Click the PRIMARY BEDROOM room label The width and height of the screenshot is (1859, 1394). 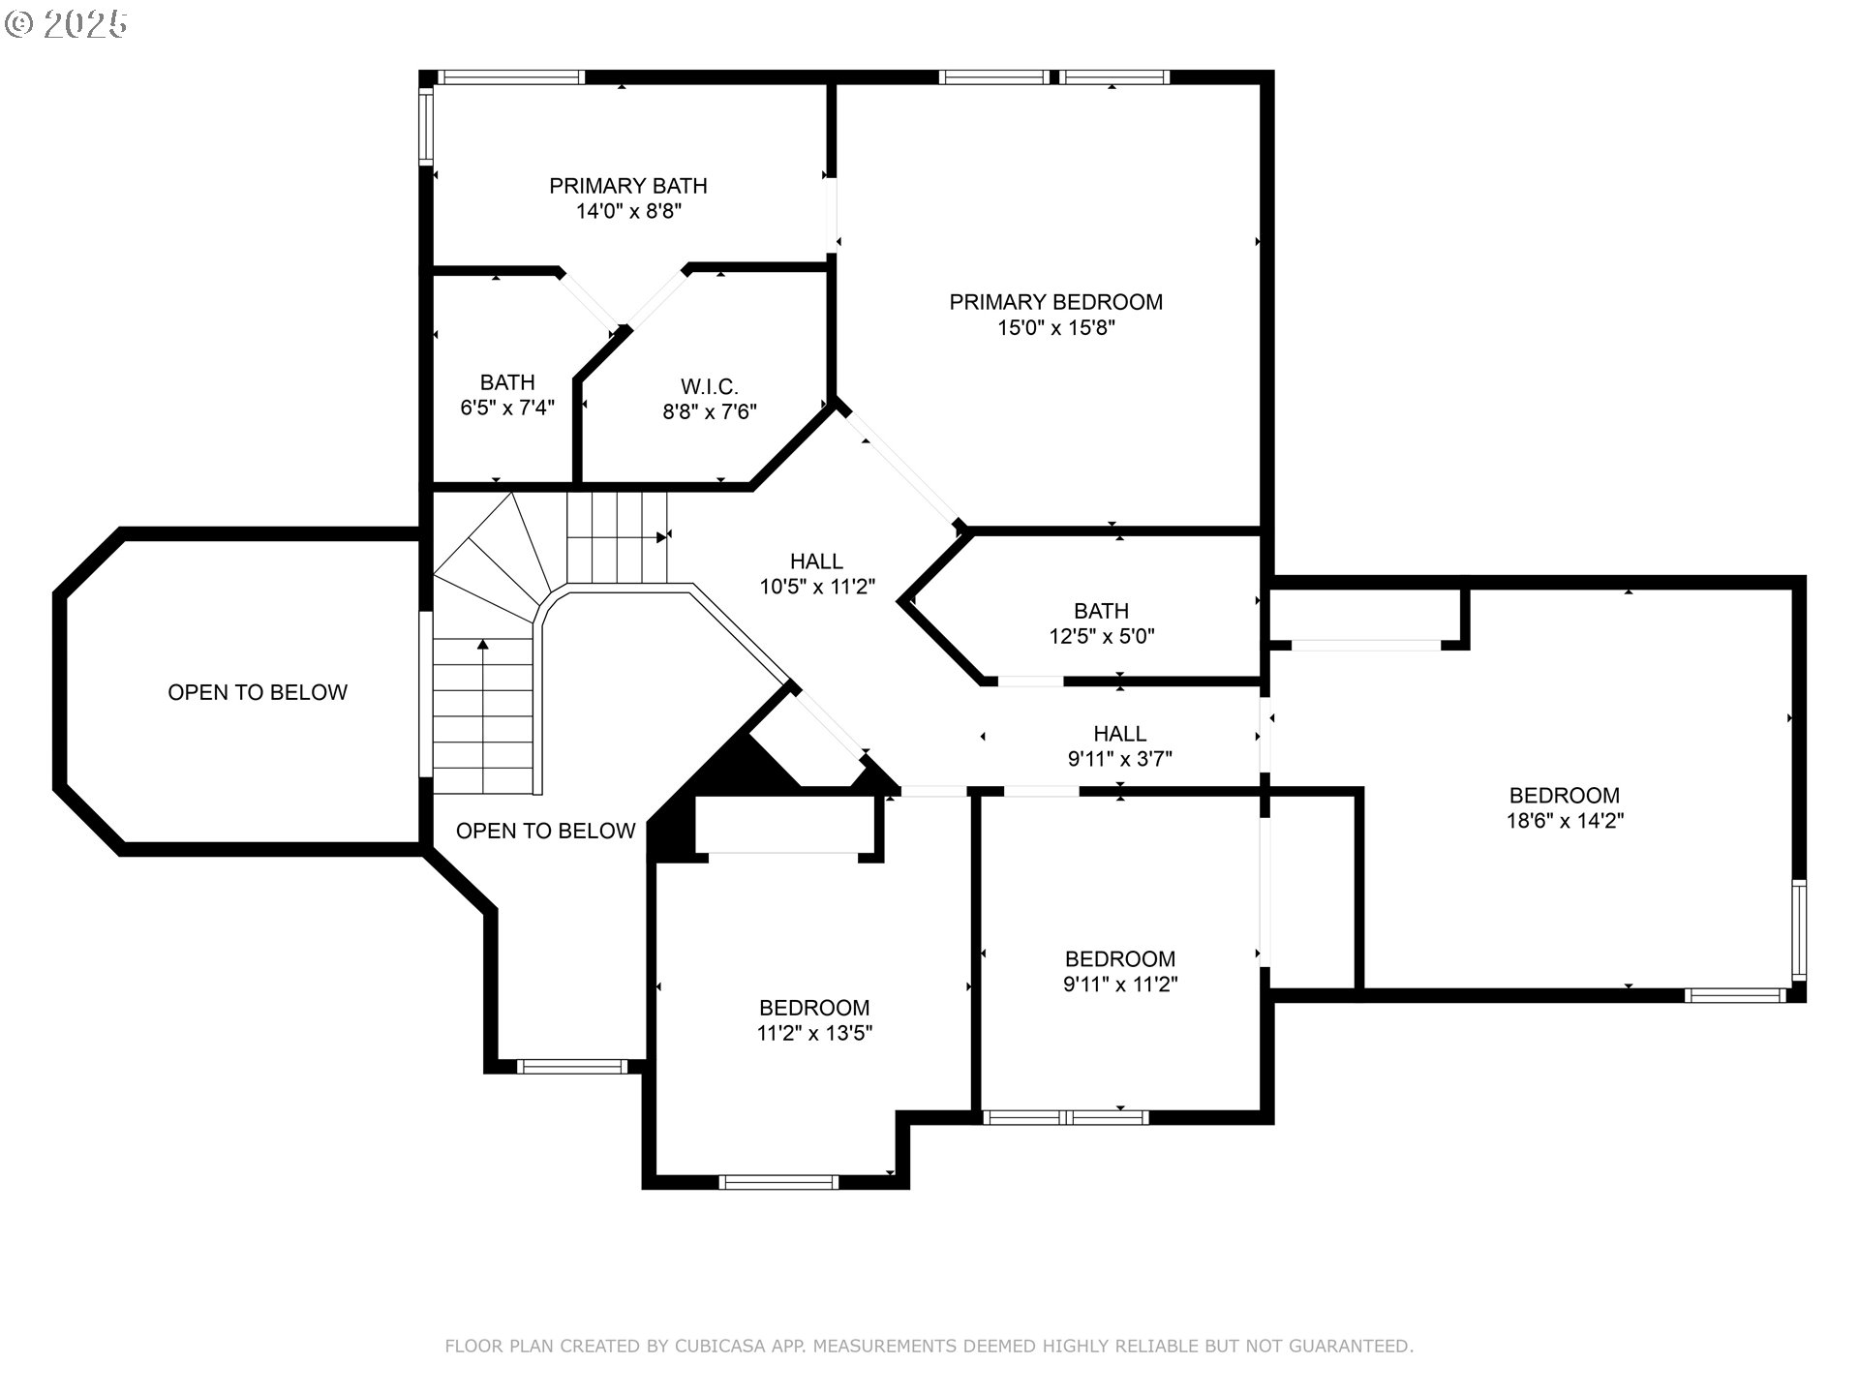[x=1055, y=302]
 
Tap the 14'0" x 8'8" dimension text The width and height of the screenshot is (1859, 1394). [x=628, y=211]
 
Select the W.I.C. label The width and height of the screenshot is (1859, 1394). [x=710, y=387]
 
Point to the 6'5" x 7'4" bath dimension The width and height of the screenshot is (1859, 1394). [x=507, y=408]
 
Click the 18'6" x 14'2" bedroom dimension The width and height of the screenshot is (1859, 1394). [x=1565, y=821]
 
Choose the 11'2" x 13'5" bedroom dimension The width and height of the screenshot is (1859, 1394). [x=814, y=1033]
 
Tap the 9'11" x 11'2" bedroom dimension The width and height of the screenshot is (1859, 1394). [x=1120, y=985]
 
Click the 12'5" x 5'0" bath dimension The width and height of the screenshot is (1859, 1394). [x=1102, y=636]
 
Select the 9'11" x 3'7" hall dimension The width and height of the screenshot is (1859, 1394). [x=1120, y=759]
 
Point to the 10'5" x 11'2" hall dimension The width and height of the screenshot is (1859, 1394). [x=817, y=587]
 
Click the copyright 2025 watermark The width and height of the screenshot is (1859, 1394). [x=66, y=24]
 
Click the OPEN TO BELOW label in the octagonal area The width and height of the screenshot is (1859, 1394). [x=258, y=692]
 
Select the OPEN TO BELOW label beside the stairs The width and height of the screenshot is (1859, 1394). [x=545, y=831]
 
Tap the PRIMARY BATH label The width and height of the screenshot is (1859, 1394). [x=628, y=186]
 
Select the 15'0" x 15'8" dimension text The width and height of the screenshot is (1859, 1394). [x=1056, y=328]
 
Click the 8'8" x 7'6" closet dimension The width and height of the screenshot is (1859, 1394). [x=710, y=412]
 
